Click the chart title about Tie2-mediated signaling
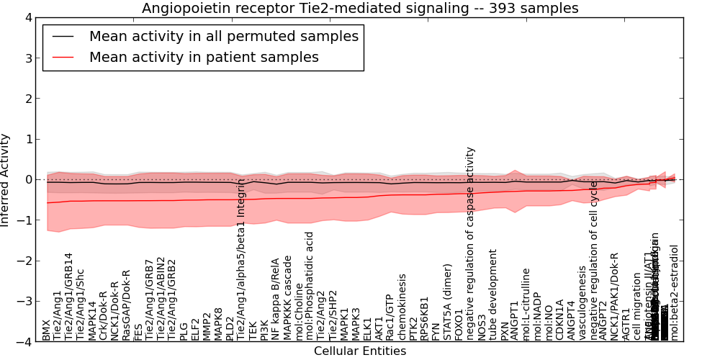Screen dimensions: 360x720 point(360,9)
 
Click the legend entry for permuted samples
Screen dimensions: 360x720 point(223,37)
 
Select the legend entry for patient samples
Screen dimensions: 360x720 point(204,58)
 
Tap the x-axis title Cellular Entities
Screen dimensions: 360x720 point(360,351)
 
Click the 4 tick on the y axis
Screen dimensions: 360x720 point(28,17)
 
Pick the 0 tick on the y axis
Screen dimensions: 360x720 point(28,180)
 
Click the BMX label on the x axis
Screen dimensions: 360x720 point(47,332)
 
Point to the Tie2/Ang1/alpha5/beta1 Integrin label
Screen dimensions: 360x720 point(242,259)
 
